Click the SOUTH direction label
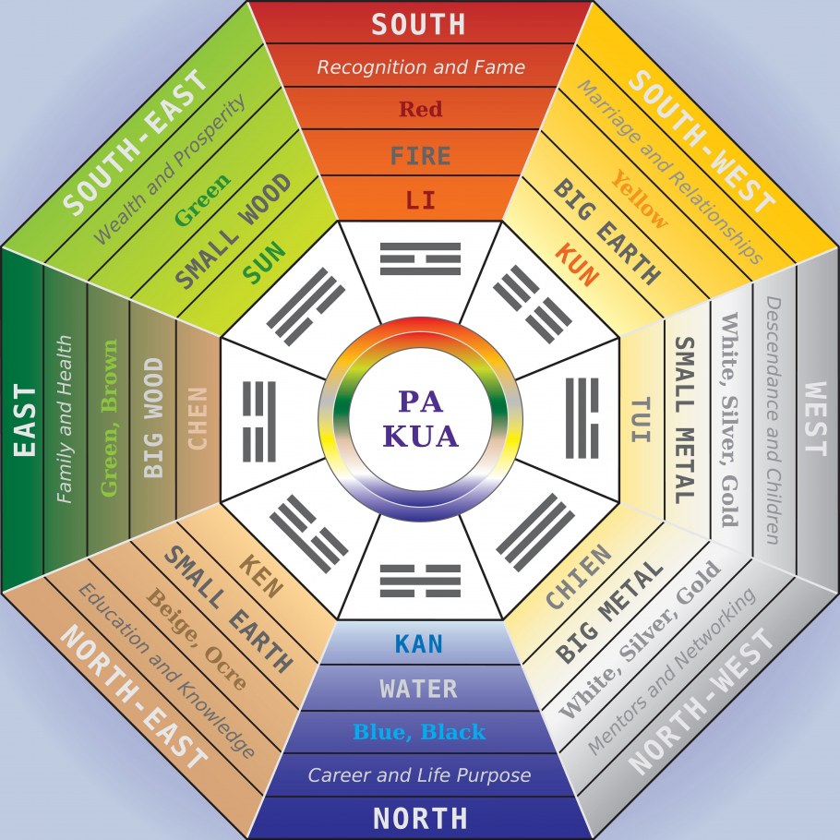(418, 23)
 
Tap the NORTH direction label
(420, 818)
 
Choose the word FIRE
(420, 154)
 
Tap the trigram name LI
(420, 199)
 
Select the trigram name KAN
(420, 643)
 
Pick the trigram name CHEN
(198, 418)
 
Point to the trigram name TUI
(642, 421)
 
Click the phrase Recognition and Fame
(420, 66)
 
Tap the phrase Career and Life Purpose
(420, 774)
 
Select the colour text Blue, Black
(420, 732)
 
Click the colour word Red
(420, 110)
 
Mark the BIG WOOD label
(153, 418)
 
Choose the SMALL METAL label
(684, 420)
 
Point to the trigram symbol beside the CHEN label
(259, 418)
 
